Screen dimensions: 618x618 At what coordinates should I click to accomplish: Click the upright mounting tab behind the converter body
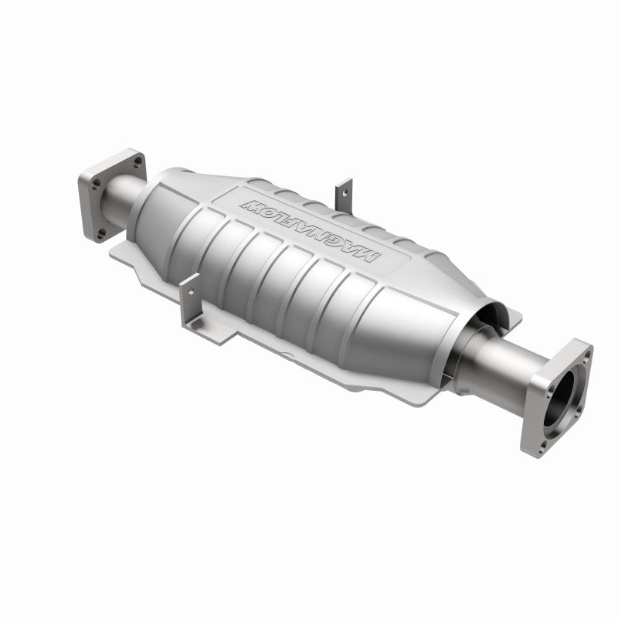click(x=344, y=193)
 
